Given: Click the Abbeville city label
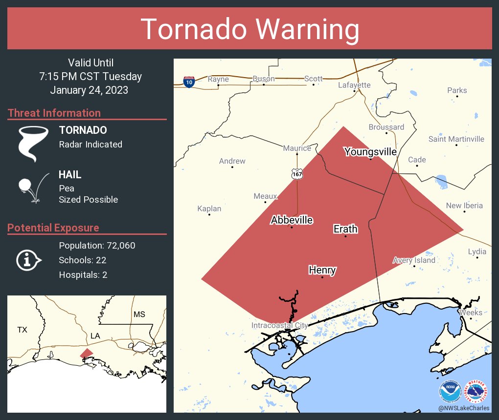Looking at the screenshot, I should [292, 220].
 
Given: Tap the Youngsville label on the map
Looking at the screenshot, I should [370, 152].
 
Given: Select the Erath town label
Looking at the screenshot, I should [345, 229].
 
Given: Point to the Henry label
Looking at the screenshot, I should [322, 270].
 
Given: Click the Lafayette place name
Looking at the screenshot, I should [354, 85].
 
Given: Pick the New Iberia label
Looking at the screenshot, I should [464, 206].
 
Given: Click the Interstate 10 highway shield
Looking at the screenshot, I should [189, 82].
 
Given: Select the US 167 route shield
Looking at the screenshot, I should [297, 173].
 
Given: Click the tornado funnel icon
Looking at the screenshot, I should [33, 144].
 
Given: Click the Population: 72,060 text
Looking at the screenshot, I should [97, 245].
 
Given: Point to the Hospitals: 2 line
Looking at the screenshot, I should [83, 274].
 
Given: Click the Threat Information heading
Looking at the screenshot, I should [54, 113].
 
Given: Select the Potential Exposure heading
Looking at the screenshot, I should [53, 228].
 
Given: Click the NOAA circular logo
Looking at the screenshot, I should [450, 391].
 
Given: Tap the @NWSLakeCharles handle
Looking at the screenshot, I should [464, 408].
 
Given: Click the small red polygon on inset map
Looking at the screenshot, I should [86, 353].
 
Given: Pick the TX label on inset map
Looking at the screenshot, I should [22, 330].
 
